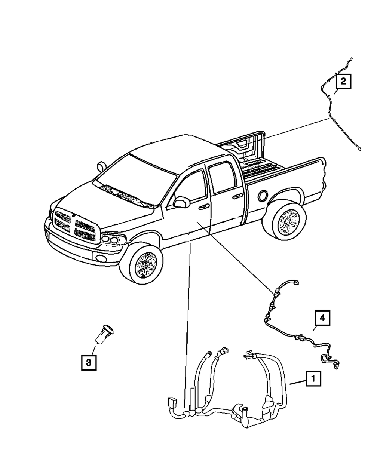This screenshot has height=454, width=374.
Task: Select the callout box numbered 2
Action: pos(343,81)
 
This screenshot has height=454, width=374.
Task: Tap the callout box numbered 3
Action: pos(89,362)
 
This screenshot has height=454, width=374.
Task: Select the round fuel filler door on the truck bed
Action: pos(263,195)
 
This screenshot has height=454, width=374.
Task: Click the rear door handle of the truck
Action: pos(236,196)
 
